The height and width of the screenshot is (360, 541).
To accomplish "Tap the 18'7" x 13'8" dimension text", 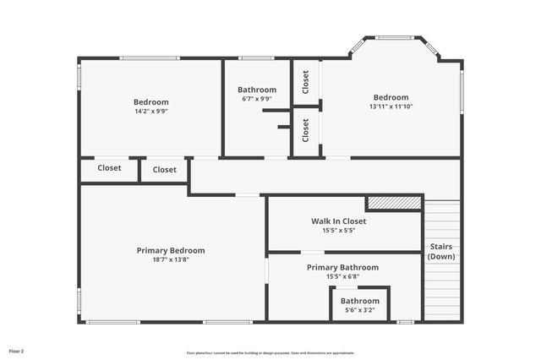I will [171, 260].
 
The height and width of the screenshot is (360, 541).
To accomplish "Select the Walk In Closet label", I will [338, 221].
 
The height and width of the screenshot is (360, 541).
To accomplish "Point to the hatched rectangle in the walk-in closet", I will [393, 204].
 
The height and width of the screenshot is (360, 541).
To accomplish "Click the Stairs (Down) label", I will [441, 252].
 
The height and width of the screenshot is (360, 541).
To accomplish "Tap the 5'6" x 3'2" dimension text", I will [360, 311].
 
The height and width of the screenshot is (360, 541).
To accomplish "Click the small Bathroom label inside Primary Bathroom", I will [360, 301].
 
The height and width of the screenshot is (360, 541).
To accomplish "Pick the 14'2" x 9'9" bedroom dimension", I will [151, 112].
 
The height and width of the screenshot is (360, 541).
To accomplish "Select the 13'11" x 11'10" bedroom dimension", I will [391, 107].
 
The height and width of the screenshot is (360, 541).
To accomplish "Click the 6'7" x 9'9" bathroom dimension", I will [256, 100].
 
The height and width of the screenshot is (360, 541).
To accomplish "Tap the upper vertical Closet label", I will [305, 81].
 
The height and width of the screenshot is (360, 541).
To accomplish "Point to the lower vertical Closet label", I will [305, 129].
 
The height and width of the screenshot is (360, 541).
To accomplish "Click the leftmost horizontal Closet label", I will [109, 168].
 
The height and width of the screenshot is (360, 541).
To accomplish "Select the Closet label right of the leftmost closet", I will [165, 170].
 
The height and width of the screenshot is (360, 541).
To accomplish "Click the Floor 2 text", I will [17, 351].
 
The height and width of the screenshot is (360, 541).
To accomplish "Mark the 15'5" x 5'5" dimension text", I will [338, 231].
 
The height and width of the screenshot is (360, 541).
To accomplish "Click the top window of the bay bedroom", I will [394, 37].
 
